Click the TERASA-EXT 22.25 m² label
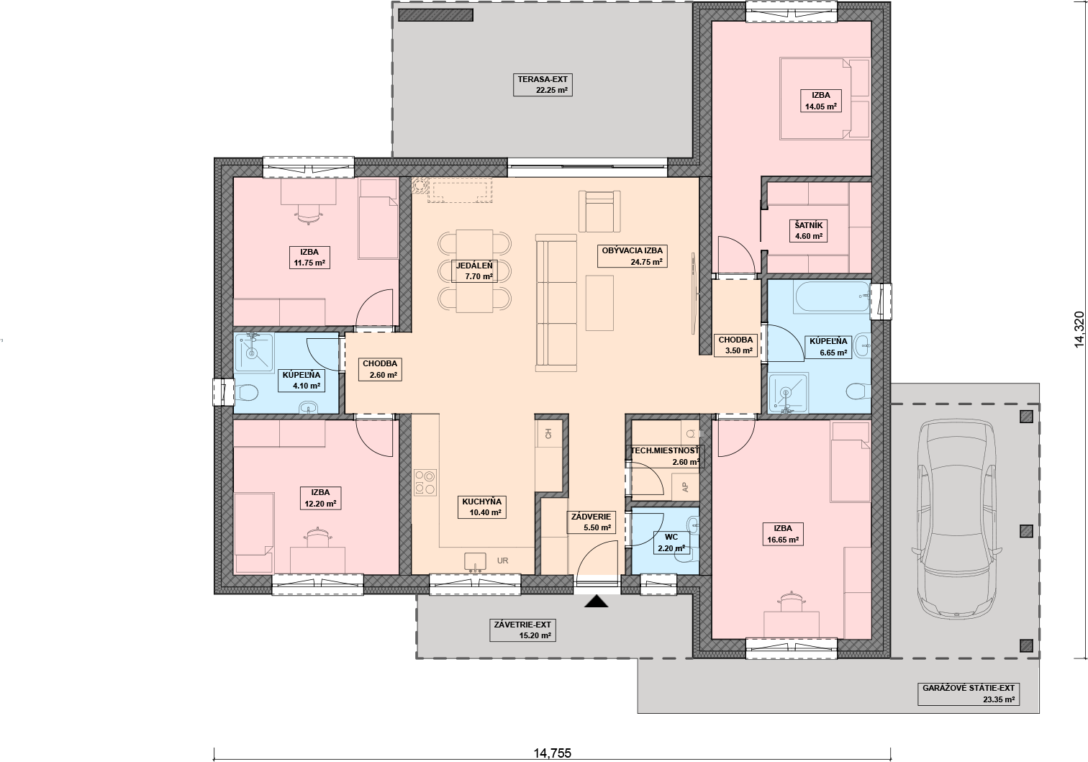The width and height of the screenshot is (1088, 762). point(543,84)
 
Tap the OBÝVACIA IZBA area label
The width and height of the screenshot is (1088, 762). point(632,256)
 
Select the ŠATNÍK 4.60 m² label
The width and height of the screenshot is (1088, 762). point(808,231)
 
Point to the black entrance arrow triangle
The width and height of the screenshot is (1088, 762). point(597,602)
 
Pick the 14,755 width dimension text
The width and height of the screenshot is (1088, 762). point(552,753)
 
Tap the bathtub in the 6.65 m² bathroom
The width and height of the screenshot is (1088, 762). point(833,297)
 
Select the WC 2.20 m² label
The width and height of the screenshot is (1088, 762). point(671,543)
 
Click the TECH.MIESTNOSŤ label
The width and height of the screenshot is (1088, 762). point(665,450)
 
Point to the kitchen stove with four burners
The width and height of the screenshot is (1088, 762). point(425,482)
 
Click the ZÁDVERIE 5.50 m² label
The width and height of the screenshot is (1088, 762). point(591,522)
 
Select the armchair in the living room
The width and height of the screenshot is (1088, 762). point(599,212)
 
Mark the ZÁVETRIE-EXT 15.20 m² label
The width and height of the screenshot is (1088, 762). point(522,630)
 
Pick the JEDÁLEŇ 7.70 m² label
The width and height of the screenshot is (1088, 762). point(474,271)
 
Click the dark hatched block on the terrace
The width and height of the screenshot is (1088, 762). point(435,15)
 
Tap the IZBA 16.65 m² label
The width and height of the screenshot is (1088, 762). point(784,534)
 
